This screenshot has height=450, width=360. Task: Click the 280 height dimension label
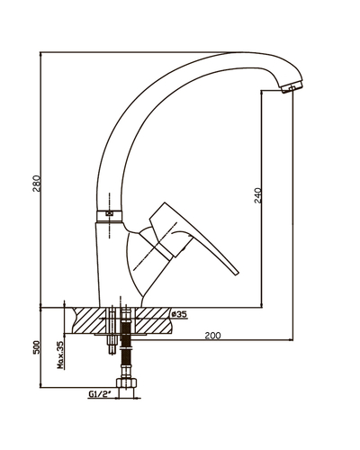pyautogui.click(x=37, y=184)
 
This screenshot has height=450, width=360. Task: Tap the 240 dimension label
pyautogui.click(x=258, y=195)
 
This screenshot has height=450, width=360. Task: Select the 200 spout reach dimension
pyautogui.click(x=212, y=336)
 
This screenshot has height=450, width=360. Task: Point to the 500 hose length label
pyautogui.click(x=36, y=347)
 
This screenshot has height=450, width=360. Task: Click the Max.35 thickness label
pyautogui.click(x=60, y=355)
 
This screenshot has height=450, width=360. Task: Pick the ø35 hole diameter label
pyautogui.click(x=179, y=314)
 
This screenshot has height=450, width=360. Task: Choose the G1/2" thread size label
pyautogui.click(x=100, y=393)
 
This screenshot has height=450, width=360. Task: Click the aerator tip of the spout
pyautogui.click(x=292, y=86)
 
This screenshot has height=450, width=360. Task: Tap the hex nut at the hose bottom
pyautogui.click(x=126, y=383)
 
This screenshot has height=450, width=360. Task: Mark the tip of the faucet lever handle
pyautogui.click(x=236, y=273)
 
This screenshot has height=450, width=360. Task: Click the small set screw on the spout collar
pyautogui.click(x=110, y=213)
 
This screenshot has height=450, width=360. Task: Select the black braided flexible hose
pyautogui.click(x=126, y=348)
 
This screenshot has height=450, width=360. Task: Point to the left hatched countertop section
pyautogui.click(x=88, y=320)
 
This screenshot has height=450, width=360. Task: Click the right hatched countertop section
pyautogui.click(x=154, y=320)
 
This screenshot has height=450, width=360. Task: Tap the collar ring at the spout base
pyautogui.click(x=109, y=216)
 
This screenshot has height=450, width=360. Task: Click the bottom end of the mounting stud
pyautogui.click(x=112, y=353)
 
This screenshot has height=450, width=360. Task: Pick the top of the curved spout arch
pyautogui.click(x=240, y=53)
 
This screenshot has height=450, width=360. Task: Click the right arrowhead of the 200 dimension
pyautogui.click(x=290, y=340)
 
